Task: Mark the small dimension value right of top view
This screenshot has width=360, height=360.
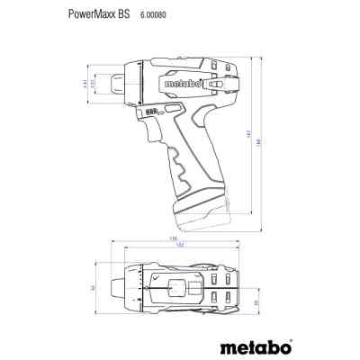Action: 257,303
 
